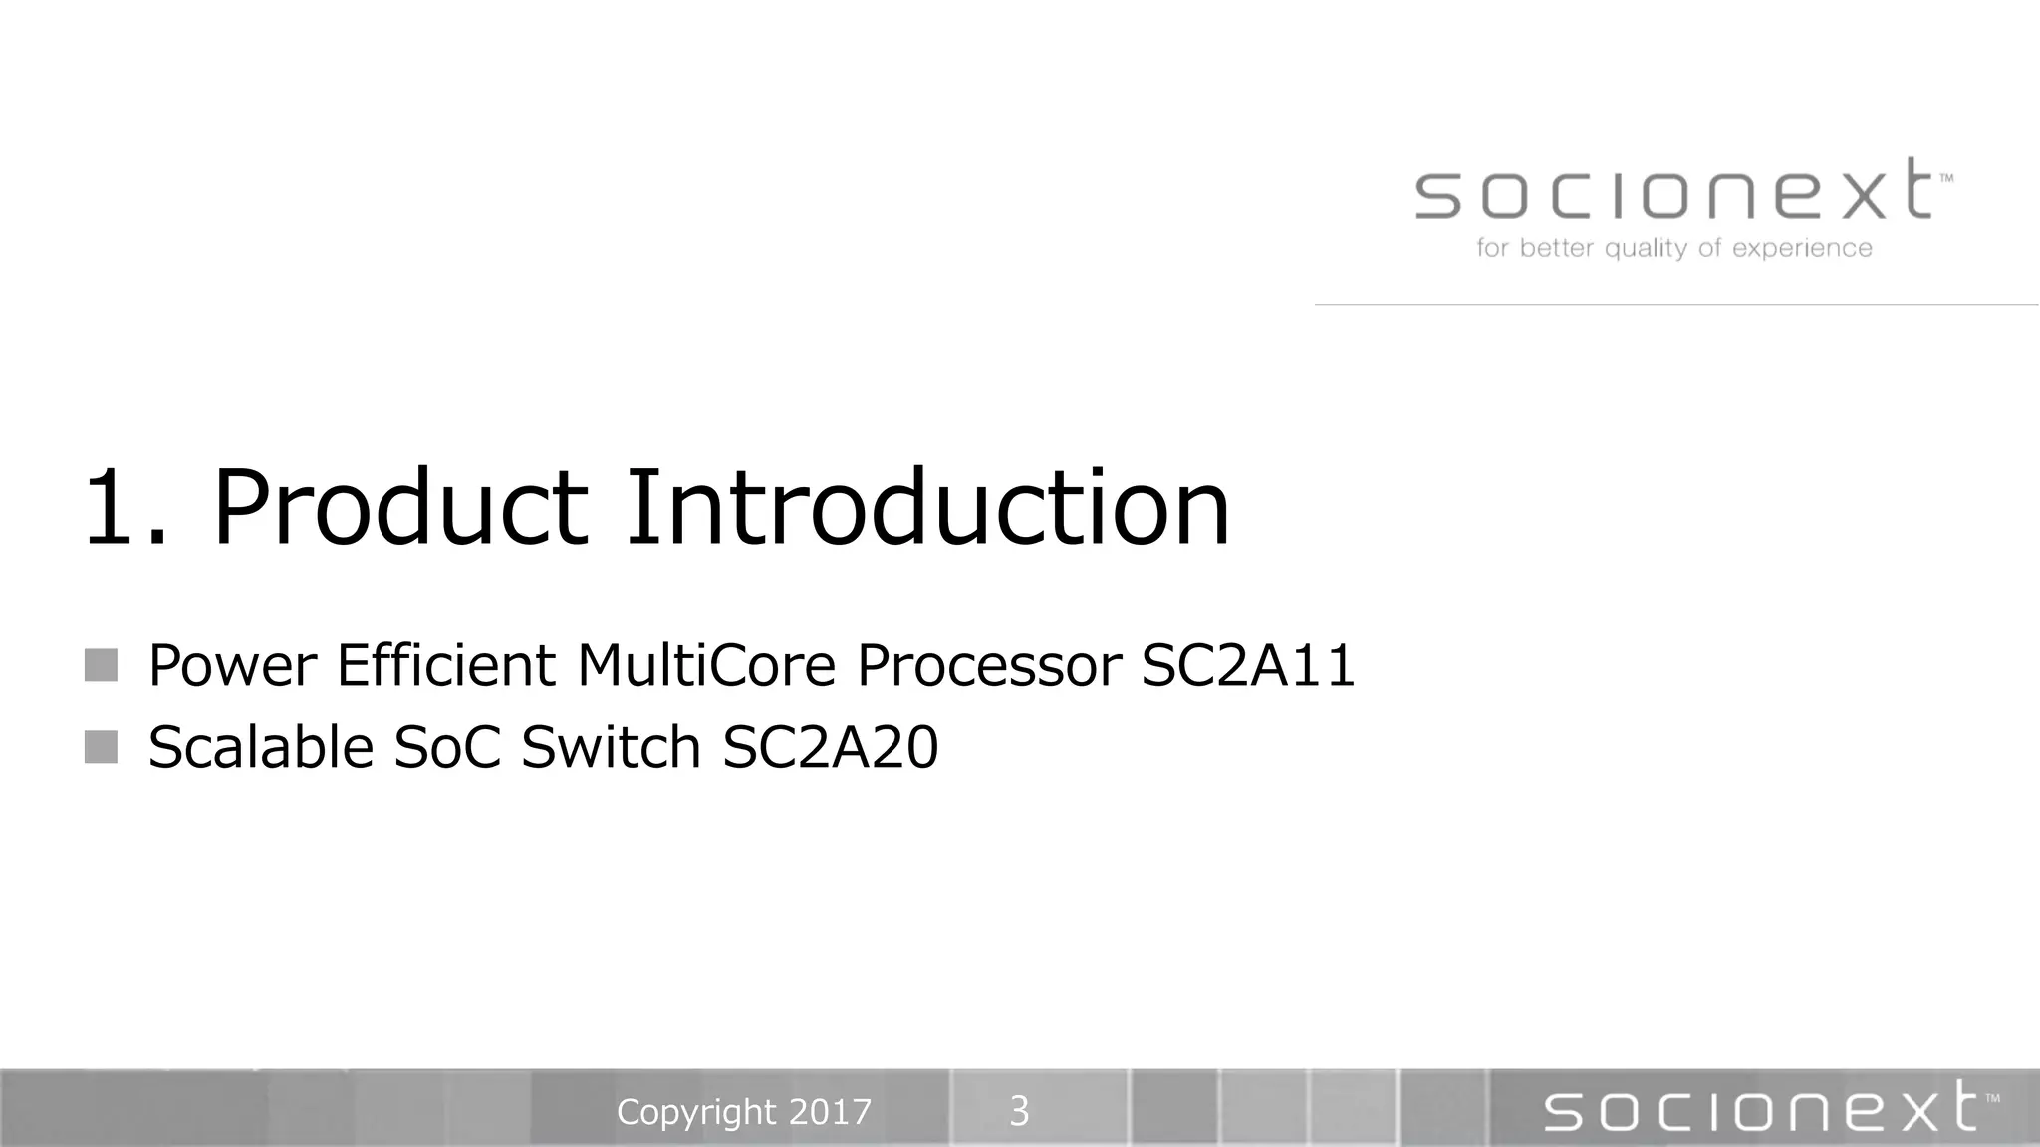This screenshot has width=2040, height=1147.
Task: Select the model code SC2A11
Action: pyautogui.click(x=1248, y=665)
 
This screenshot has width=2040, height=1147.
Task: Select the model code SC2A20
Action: pyautogui.click(x=830, y=747)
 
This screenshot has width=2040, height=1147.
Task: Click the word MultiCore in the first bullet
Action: pyautogui.click(x=705, y=665)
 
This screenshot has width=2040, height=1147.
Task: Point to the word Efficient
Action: pyautogui.click(x=446, y=665)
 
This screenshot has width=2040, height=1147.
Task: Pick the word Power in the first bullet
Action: pyautogui.click(x=232, y=665)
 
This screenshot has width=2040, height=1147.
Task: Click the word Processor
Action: pyautogui.click(x=988, y=665)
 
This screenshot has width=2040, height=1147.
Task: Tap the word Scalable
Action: pyautogui.click(x=260, y=747)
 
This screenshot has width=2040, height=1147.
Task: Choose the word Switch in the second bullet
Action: pyautogui.click(x=611, y=747)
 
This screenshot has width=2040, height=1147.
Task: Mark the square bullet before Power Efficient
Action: pyautogui.click(x=101, y=665)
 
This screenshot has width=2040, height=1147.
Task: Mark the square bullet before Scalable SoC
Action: pyautogui.click(x=101, y=746)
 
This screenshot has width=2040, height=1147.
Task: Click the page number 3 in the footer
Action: pyautogui.click(x=1019, y=1111)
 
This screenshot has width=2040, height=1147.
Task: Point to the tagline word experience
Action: pyautogui.click(x=1802, y=249)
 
